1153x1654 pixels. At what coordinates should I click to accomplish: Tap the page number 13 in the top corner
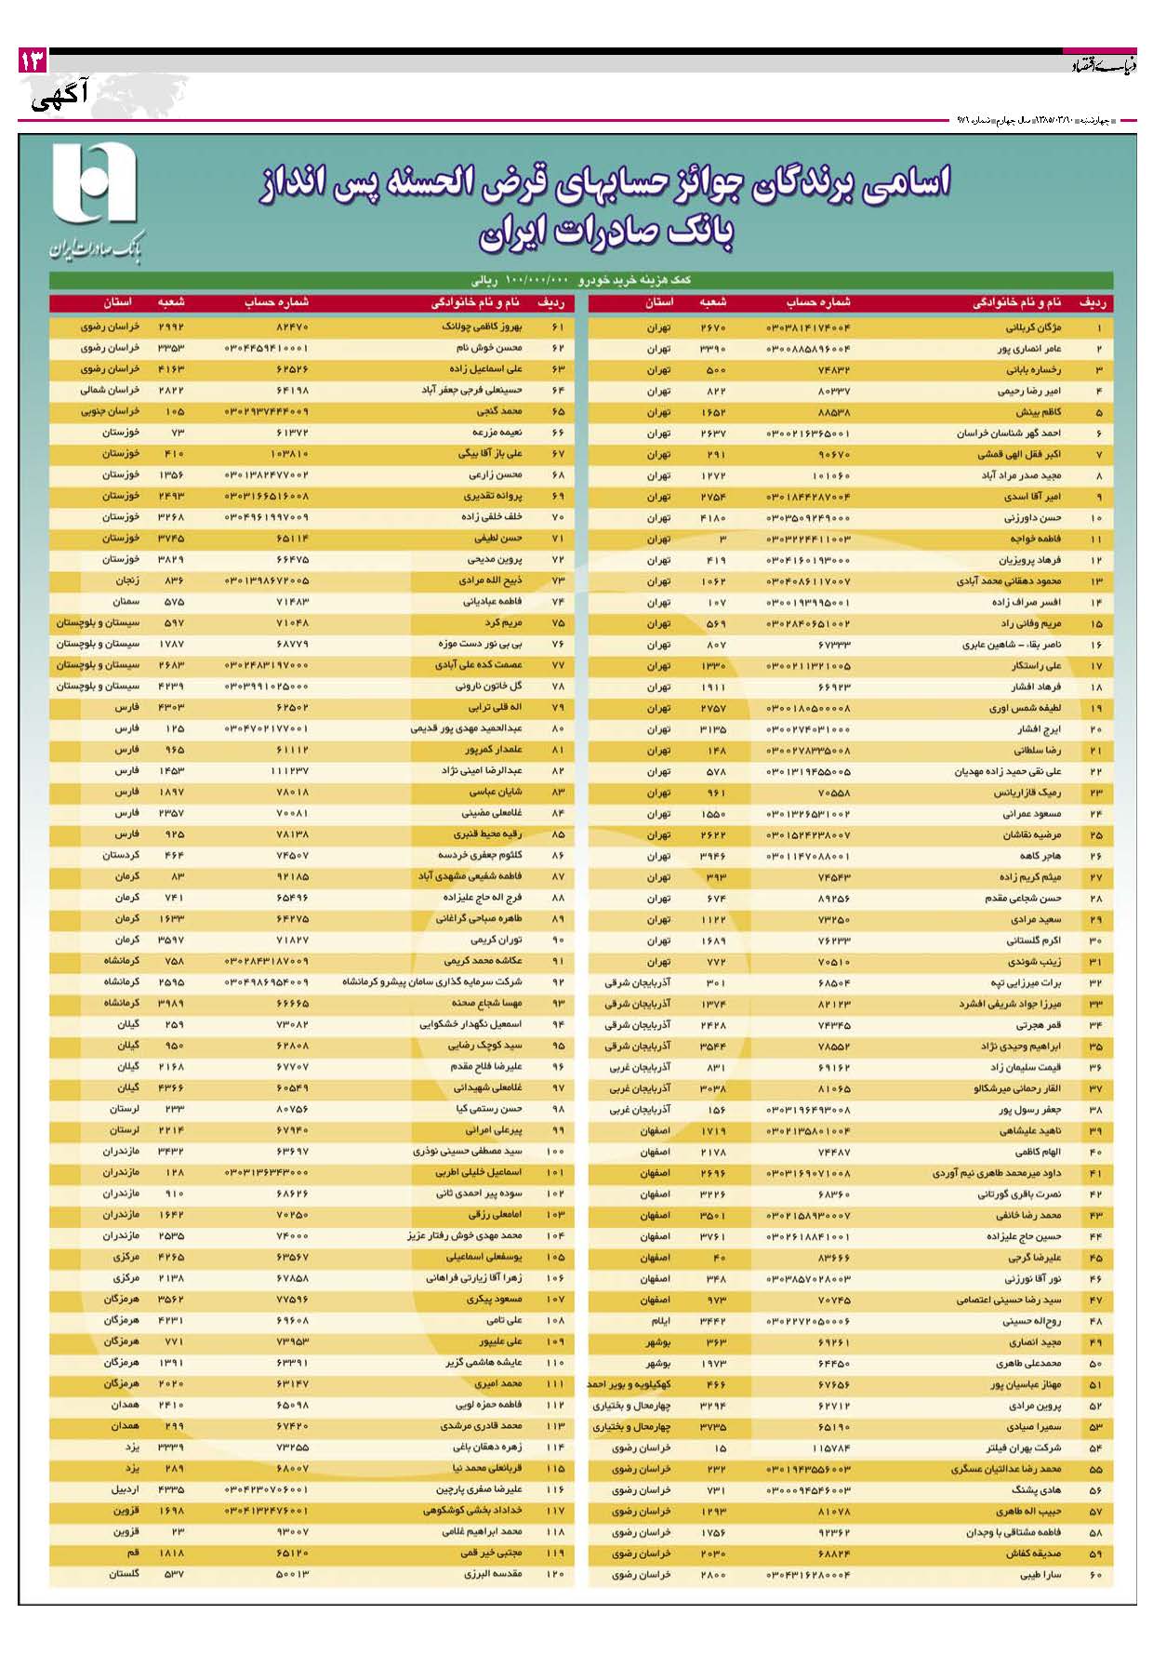point(32,62)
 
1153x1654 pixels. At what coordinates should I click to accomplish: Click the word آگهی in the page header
point(60,97)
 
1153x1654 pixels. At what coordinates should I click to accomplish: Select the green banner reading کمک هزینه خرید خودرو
point(580,279)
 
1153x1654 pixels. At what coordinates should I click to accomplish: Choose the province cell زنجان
point(127,580)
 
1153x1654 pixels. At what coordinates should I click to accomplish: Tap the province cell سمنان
point(126,602)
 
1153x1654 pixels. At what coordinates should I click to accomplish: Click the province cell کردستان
point(121,855)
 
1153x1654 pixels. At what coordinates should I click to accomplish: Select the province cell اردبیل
point(126,1489)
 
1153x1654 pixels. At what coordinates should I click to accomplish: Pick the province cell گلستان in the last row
point(124,1574)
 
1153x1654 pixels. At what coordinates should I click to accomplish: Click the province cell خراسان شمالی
point(110,391)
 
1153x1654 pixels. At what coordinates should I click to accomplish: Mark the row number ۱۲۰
point(555,1574)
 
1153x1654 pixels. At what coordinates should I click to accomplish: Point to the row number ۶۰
point(1095,1575)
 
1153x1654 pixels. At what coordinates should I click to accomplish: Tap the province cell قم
point(133,1553)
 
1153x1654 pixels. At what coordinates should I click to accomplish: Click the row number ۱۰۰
point(555,1152)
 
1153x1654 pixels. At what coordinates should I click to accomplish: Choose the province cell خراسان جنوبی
point(110,411)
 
